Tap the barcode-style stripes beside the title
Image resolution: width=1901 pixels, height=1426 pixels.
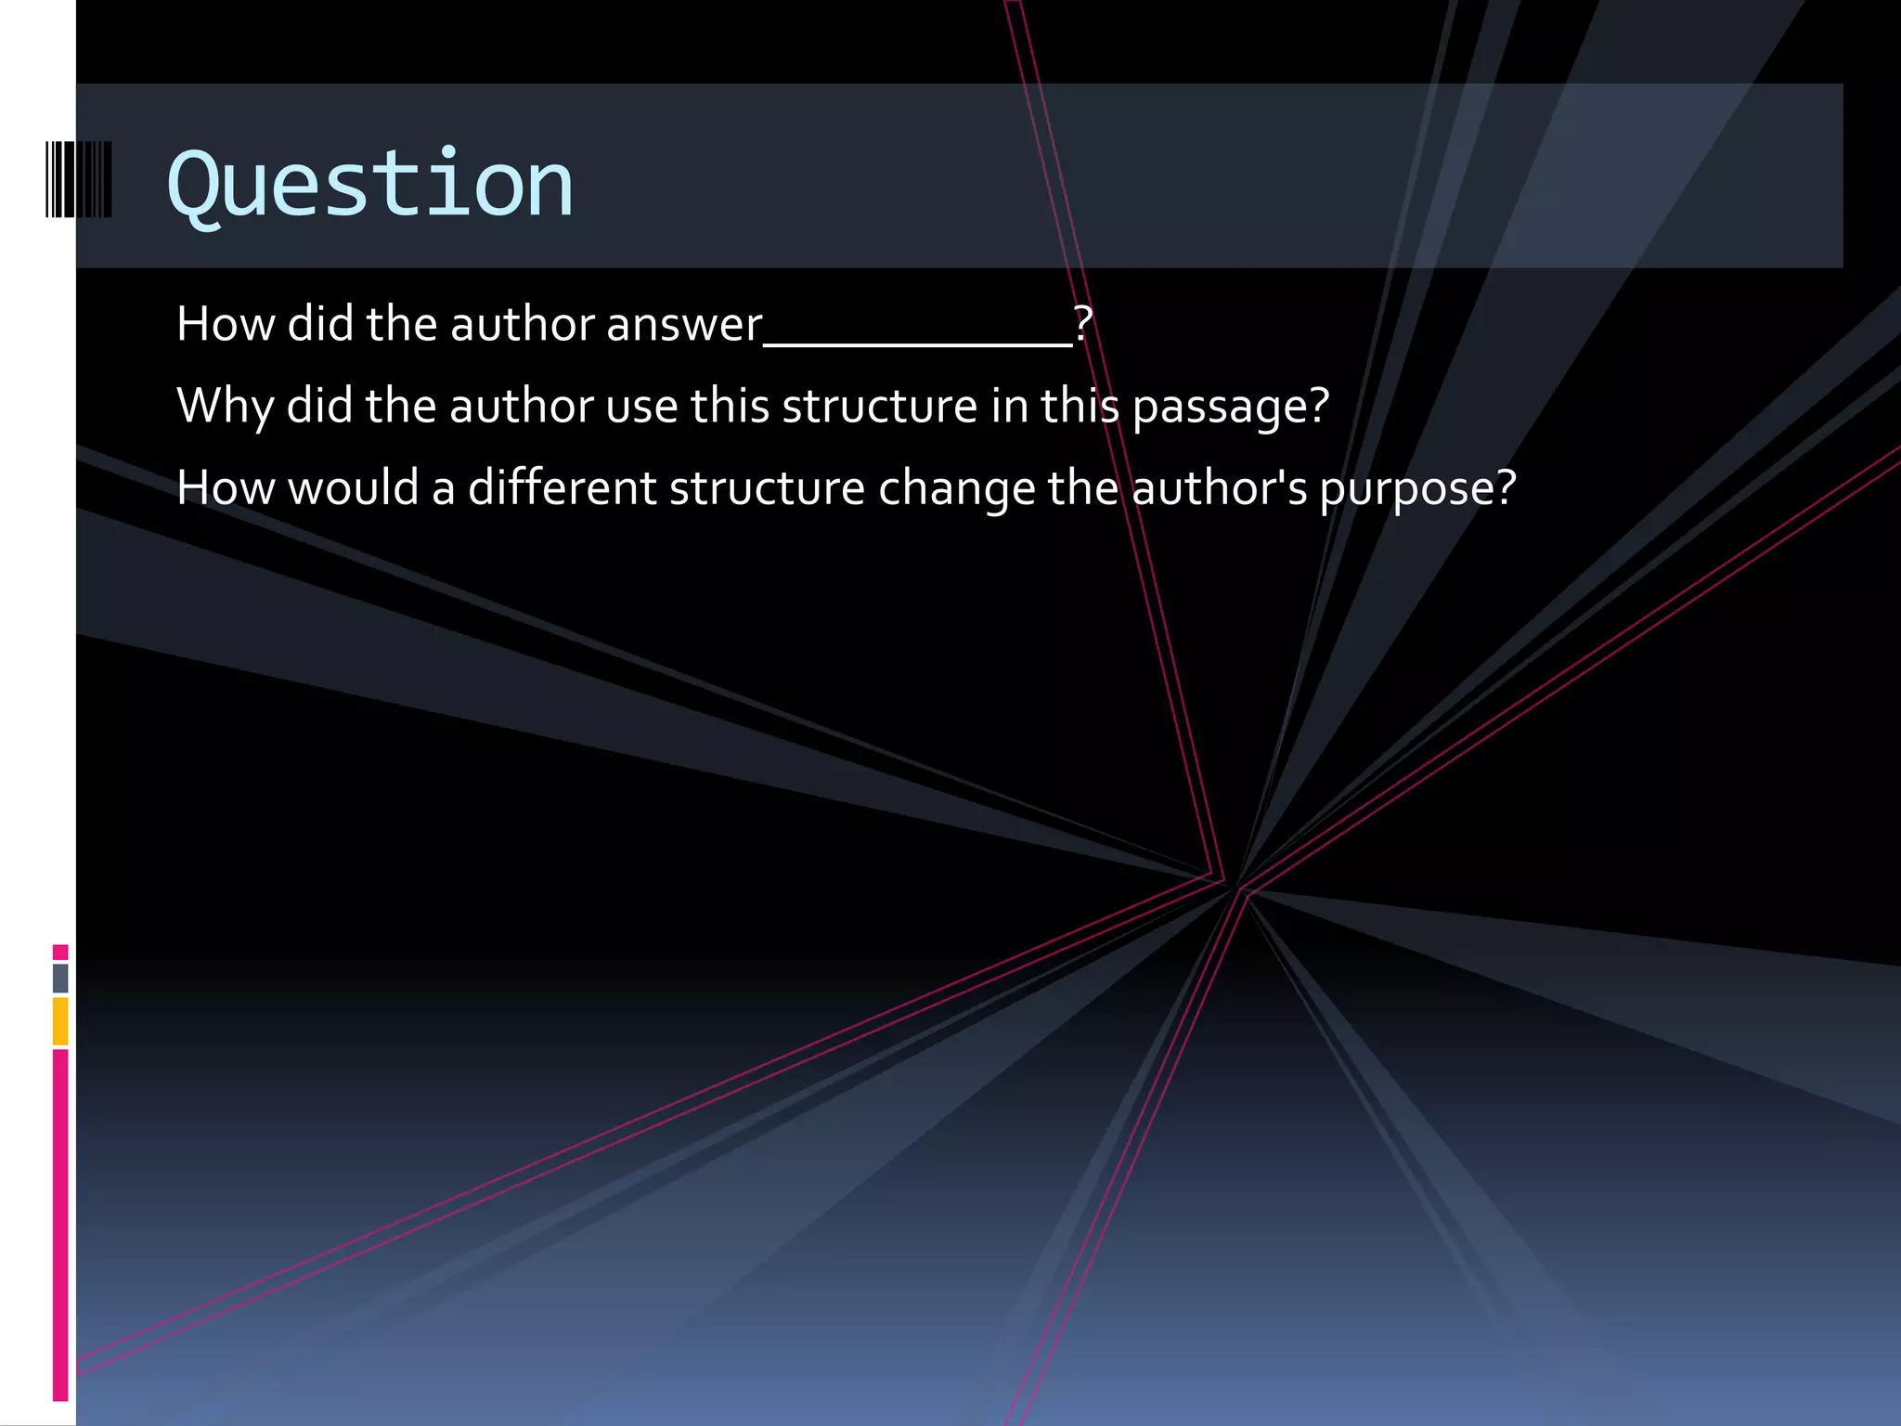coord(79,179)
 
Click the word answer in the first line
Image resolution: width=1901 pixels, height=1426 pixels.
coord(684,325)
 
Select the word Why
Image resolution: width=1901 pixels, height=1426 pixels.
coord(224,407)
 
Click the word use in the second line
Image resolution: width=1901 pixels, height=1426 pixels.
coord(641,407)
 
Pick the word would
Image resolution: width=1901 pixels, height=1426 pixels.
coord(353,488)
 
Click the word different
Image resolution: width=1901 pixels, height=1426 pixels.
coord(562,488)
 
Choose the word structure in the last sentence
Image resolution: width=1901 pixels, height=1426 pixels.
coord(767,488)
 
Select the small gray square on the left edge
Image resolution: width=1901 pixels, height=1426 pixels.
coord(60,978)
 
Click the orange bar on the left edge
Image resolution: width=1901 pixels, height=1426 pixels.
coord(60,1021)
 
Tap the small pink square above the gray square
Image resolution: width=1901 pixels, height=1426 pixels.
coord(60,952)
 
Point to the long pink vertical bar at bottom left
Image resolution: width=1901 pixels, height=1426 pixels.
coord(60,1225)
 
